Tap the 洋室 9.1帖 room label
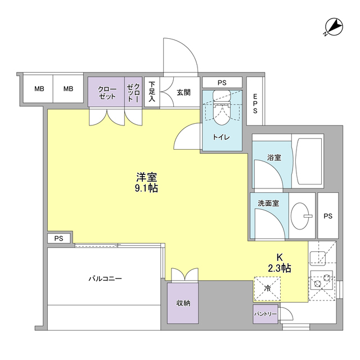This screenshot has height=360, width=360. (146, 181)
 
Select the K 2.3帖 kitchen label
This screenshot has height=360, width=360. (279, 263)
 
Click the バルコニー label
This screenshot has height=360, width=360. (105, 278)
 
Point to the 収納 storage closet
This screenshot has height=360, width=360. (183, 303)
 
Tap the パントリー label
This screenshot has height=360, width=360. (265, 313)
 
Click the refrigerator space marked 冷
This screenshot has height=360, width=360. (267, 288)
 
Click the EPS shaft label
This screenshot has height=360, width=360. (255, 104)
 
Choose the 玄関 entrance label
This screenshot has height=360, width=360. (183, 92)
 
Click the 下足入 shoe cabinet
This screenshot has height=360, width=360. (152, 92)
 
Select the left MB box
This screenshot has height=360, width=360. (38, 89)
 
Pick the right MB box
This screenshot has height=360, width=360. (68, 89)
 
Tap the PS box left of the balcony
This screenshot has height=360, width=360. (59, 238)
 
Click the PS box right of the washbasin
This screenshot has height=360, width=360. (328, 216)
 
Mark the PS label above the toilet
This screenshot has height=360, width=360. (222, 83)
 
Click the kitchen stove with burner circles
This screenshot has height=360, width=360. (322, 281)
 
